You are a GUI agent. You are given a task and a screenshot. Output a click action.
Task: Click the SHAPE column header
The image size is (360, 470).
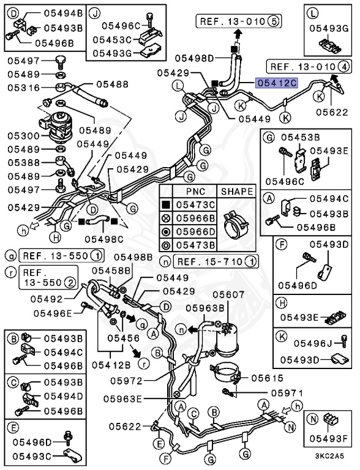[x=236, y=192]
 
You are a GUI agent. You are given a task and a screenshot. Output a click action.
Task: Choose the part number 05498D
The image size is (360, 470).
[x=194, y=58]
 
